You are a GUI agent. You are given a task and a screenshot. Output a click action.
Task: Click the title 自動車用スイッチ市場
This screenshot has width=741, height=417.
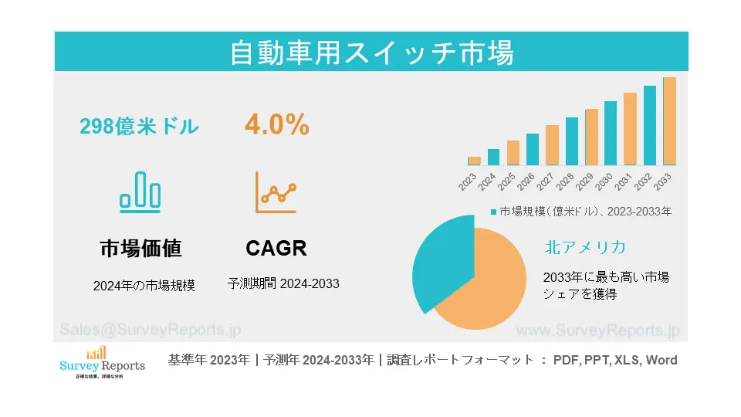click(x=371, y=53)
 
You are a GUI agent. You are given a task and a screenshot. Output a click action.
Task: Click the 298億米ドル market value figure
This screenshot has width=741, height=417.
click(x=140, y=127)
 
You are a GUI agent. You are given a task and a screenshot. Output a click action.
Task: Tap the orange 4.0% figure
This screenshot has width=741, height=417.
click(x=277, y=125)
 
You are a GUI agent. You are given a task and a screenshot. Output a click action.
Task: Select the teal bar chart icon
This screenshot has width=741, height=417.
click(x=140, y=191)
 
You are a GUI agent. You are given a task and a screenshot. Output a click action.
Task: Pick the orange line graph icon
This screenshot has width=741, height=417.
click(x=276, y=192)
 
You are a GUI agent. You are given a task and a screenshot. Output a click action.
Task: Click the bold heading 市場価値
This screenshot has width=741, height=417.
click(x=140, y=249)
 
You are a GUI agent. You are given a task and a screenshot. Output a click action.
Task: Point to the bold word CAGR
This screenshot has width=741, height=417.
click(x=276, y=249)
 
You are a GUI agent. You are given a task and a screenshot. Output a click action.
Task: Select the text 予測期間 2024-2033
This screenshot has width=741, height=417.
click(x=283, y=284)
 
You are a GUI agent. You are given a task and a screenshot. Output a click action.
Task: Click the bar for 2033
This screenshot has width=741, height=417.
click(x=669, y=121)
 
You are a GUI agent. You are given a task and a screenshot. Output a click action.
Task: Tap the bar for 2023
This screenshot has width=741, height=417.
click(x=474, y=161)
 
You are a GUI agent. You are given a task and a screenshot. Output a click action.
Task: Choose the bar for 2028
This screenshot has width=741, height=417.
click(x=571, y=141)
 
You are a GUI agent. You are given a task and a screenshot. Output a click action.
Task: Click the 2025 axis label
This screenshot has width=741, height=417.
click(x=506, y=182)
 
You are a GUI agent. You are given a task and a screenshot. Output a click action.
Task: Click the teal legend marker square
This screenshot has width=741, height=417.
click(x=493, y=211)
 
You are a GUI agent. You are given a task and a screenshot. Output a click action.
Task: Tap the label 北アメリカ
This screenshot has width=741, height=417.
click(x=584, y=248)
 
